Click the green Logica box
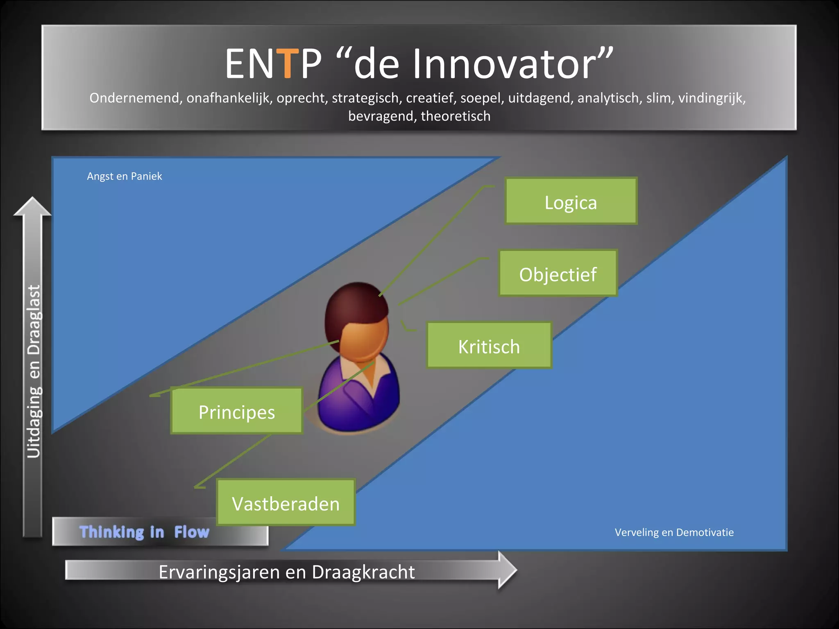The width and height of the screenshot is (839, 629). coord(571,201)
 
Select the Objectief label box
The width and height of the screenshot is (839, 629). coord(558,273)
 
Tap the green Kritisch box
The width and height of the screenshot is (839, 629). coord(489,346)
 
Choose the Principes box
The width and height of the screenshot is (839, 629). coord(236,411)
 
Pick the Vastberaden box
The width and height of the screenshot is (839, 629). coord(286,502)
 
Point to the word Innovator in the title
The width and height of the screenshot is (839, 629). coord(504,64)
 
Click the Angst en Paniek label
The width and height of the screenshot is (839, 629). coord(125,176)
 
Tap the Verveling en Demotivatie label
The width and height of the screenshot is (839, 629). coord(674,532)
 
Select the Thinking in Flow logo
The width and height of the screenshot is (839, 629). coord(144,532)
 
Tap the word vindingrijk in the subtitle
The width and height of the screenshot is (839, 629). coord(712,98)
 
